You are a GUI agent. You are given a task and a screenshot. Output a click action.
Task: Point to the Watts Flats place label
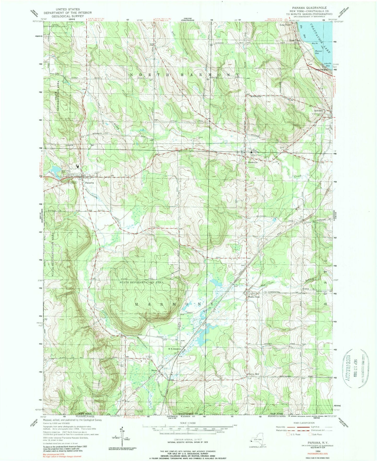click(254, 297)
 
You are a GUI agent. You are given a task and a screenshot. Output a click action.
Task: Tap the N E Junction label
click(174, 349)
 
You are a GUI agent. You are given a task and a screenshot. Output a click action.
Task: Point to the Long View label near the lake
click(285, 25)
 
